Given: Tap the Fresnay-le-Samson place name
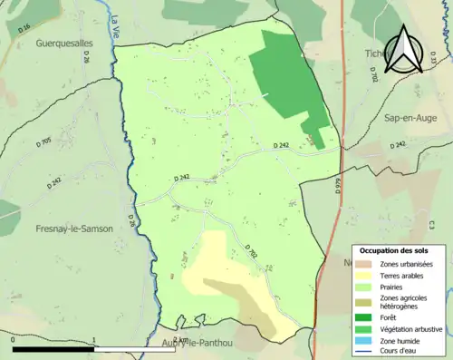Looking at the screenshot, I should [x=73, y=229].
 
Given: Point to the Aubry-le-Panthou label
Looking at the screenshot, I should [x=197, y=343].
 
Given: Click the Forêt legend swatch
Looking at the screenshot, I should [x=365, y=317].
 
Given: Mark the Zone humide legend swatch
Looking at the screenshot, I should [x=365, y=342].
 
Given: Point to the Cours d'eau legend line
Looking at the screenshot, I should [x=365, y=354].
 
